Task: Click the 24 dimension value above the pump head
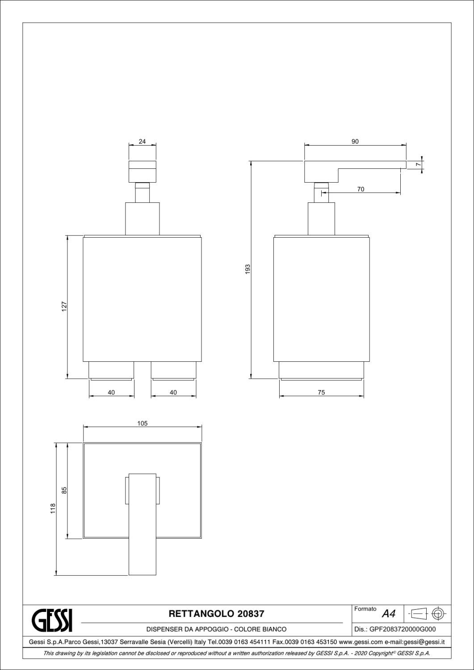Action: point(142,142)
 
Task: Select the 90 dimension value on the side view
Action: point(355,142)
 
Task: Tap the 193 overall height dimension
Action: point(248,269)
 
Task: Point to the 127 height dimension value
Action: point(64,306)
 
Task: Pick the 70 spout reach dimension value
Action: point(361,189)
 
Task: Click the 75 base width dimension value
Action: point(321,393)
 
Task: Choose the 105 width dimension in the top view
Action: point(143,423)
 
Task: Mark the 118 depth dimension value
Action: point(53,508)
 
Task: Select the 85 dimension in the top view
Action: point(64,490)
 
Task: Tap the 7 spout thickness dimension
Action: point(418,164)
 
